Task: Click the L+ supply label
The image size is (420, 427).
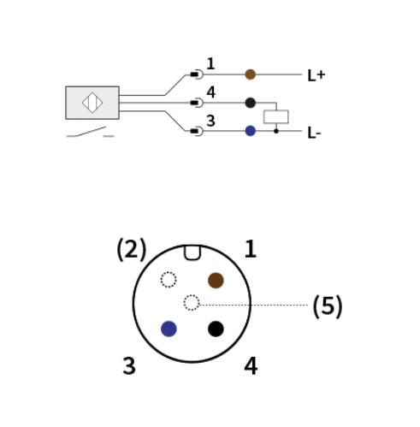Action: pyautogui.click(x=316, y=75)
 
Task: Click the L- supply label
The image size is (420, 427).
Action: pyautogui.click(x=314, y=133)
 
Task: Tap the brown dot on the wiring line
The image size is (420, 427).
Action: pyautogui.click(x=251, y=74)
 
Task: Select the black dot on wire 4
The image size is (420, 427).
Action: pyautogui.click(x=251, y=103)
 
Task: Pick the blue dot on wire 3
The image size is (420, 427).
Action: pyautogui.click(x=251, y=131)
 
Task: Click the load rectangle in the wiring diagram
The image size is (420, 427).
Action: pyautogui.click(x=276, y=116)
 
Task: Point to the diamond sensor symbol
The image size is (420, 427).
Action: pyautogui.click(x=92, y=103)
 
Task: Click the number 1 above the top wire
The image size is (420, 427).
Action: pyautogui.click(x=210, y=63)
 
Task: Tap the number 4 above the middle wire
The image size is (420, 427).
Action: pyautogui.click(x=211, y=92)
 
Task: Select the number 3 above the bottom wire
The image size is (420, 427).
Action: pyautogui.click(x=210, y=121)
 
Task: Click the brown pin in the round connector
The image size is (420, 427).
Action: pyautogui.click(x=216, y=281)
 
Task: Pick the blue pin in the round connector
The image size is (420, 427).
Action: pyautogui.click(x=169, y=329)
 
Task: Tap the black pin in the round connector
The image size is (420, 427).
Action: pyautogui.click(x=216, y=329)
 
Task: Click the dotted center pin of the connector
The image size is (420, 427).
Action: pyautogui.click(x=192, y=302)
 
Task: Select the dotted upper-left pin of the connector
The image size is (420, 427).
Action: pyautogui.click(x=169, y=280)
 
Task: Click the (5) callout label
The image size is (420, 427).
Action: pyautogui.click(x=328, y=306)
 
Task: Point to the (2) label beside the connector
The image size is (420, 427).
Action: pyautogui.click(x=132, y=250)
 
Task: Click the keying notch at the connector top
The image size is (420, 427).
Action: pyautogui.click(x=192, y=253)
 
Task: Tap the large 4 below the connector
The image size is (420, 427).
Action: pyautogui.click(x=251, y=366)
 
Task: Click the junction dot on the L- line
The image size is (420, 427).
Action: pyautogui.click(x=276, y=131)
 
